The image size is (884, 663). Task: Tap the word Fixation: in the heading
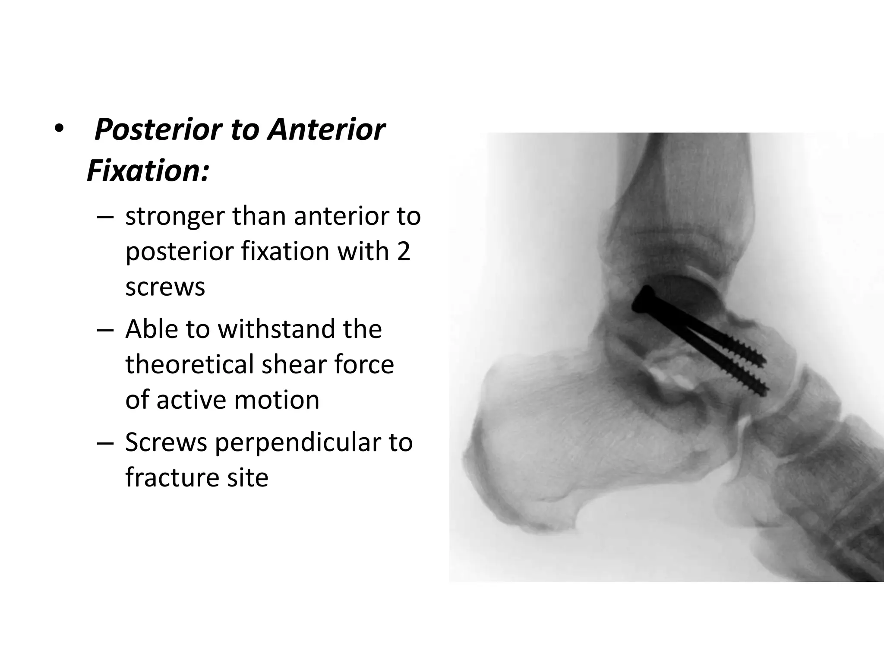pos(148,171)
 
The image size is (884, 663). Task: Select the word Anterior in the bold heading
pos(326,129)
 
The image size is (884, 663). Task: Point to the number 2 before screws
pos(403,251)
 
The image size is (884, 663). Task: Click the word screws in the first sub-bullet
pos(165,287)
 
